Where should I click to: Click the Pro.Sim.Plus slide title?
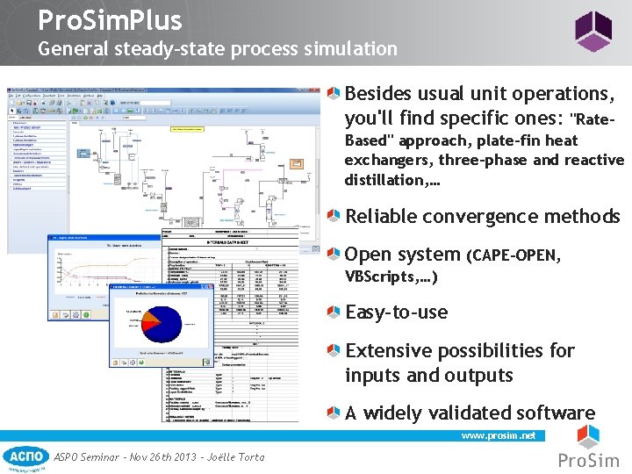[110, 20]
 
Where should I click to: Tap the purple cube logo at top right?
[592, 31]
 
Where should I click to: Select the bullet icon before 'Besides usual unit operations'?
[335, 93]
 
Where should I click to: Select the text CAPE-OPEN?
[514, 255]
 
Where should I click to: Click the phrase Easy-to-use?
[396, 312]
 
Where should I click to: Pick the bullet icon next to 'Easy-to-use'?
[335, 312]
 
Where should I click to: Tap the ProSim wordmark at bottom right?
[589, 460]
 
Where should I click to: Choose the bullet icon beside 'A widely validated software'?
[335, 413]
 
